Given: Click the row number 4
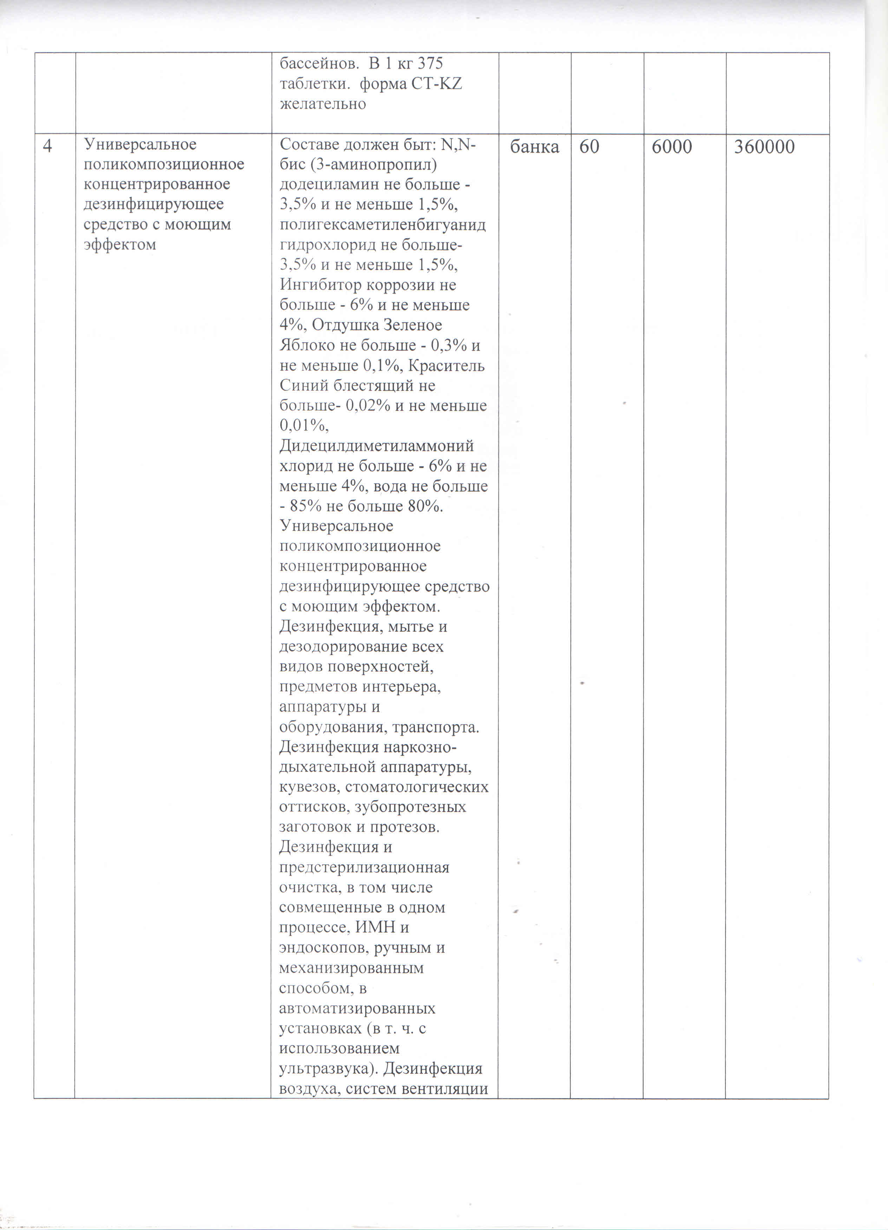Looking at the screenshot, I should [48, 146].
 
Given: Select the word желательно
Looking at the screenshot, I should [322, 104].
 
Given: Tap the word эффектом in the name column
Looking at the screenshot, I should [119, 244].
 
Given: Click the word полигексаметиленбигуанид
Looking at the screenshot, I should [382, 225].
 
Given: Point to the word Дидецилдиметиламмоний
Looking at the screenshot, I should [376, 446].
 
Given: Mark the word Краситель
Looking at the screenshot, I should [446, 365].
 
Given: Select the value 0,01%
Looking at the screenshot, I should [303, 426].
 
